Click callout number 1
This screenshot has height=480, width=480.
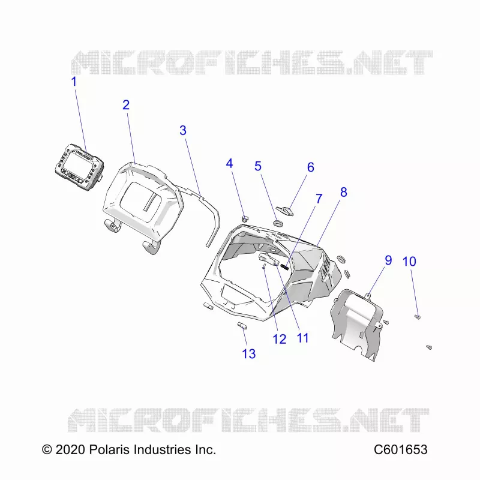click(74, 82)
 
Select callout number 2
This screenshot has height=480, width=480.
click(126, 105)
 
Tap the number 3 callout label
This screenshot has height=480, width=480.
click(183, 130)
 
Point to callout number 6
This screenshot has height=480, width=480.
click(310, 167)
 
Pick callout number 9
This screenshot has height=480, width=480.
click(388, 260)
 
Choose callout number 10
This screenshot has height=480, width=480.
click(409, 262)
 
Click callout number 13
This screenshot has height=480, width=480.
click(248, 354)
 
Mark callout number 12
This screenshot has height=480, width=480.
click(279, 339)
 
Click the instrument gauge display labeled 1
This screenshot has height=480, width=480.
click(80, 167)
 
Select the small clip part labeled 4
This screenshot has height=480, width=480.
click(245, 218)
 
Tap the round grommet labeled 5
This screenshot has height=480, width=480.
click(278, 223)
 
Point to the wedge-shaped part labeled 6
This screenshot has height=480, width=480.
click(285, 211)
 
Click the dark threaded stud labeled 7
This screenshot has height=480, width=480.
click(284, 267)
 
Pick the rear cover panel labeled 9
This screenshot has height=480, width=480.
click(356, 325)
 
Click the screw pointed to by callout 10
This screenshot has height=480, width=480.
click(417, 317)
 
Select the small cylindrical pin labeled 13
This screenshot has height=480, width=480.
click(242, 325)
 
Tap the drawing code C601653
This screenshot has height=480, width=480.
click(400, 449)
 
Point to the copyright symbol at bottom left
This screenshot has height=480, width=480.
click(47, 449)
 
